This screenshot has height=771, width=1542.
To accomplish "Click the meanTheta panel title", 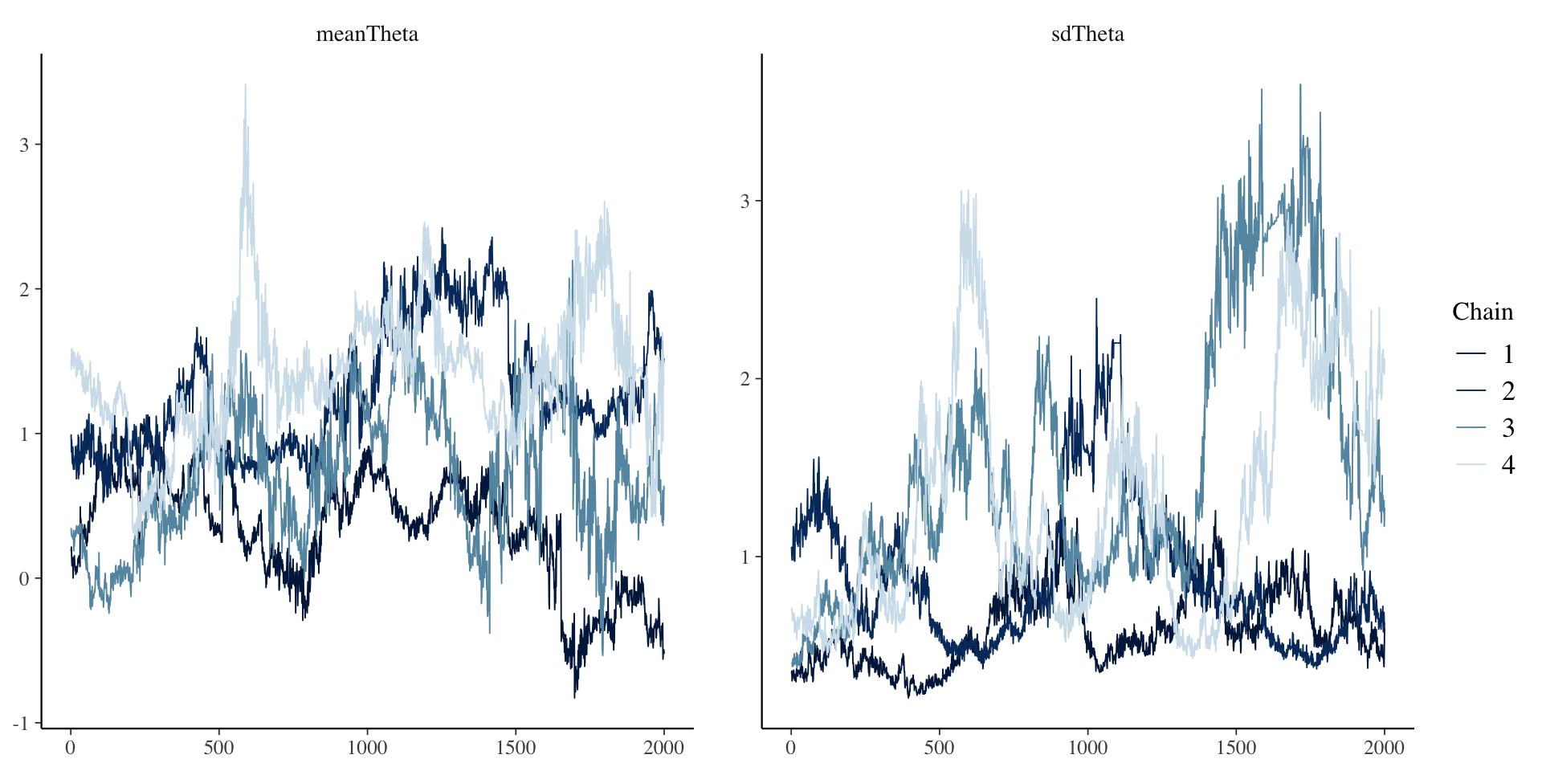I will tap(367, 34).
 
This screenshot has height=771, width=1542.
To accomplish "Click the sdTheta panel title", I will tap(1087, 34).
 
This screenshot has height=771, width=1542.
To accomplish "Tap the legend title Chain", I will tap(1482, 312).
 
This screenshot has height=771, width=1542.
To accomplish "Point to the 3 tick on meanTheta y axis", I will tap(24, 145).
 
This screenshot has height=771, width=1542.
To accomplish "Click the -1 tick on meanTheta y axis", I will tap(20, 724).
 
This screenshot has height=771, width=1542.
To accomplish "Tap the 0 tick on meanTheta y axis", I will tap(24, 579).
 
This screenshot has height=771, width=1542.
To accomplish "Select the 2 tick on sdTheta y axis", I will tap(744, 379).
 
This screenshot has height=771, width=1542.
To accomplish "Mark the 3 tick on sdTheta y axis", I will tap(744, 201).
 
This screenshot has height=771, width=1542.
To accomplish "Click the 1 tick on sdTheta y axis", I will tap(744, 557).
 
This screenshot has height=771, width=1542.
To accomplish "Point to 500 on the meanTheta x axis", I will tap(218, 749).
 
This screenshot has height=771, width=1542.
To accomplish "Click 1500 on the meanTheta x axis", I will tap(515, 749).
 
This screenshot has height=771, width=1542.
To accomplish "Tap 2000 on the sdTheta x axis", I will tap(1384, 749).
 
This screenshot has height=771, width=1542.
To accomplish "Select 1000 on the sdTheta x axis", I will tap(1087, 749).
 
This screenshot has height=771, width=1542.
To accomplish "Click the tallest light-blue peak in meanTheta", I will tap(245, 85).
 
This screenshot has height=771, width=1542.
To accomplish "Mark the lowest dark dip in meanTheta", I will tap(575, 696).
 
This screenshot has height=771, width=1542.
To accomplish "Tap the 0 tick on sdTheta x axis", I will tap(791, 749).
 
